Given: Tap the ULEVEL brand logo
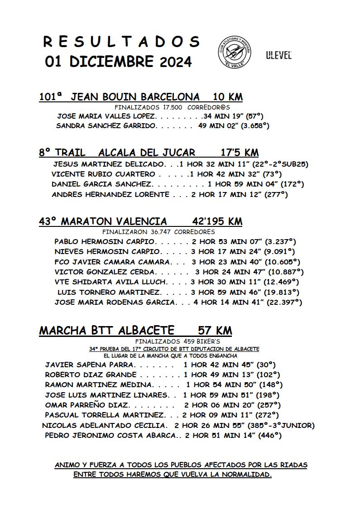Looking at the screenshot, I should click(x=278, y=55).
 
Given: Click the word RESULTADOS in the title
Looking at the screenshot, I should click(x=121, y=42).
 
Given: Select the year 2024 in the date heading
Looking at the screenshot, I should click(x=176, y=62).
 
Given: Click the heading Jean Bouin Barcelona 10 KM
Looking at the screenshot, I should click(x=141, y=97).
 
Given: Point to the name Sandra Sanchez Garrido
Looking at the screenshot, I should click(x=106, y=126).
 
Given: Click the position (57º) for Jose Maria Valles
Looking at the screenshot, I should click(x=254, y=116).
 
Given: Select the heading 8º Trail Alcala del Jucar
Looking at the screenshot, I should click(x=117, y=153).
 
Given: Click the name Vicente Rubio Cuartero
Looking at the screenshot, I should click(x=103, y=174).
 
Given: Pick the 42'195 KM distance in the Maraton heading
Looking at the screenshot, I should click(x=217, y=221).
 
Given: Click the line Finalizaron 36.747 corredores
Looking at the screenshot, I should click(x=158, y=232).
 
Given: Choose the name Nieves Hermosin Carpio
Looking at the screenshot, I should click(x=107, y=251).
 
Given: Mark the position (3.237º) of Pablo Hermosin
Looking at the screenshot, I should click(x=280, y=241).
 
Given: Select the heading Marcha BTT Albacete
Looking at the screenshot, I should click(x=107, y=331).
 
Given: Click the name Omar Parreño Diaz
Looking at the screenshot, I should click(x=87, y=405).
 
